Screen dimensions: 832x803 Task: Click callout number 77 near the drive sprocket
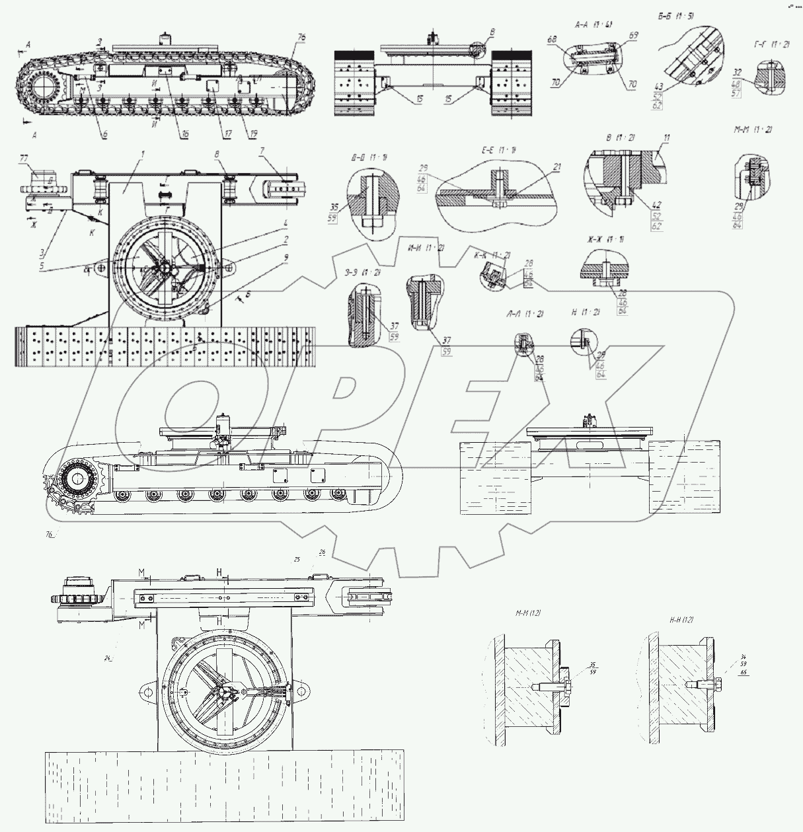(x=24, y=159)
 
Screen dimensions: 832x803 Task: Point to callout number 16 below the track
(x=185, y=133)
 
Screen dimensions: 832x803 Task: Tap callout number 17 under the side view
(x=229, y=133)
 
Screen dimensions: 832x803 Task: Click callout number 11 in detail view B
(x=668, y=139)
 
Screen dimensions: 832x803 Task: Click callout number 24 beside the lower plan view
(x=108, y=658)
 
